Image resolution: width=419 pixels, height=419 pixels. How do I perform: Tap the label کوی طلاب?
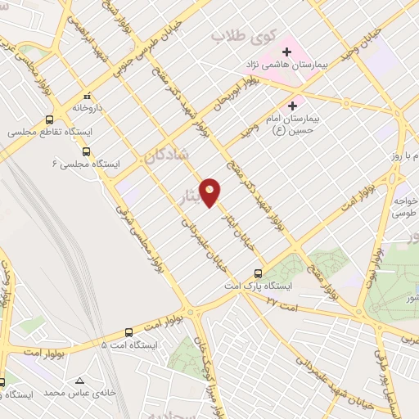239,36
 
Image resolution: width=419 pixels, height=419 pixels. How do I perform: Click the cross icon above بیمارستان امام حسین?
292,106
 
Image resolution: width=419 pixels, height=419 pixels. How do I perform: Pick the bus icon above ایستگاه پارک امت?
258,273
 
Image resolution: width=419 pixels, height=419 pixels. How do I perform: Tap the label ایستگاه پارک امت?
260,287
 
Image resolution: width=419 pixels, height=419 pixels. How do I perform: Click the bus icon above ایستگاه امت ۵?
129,332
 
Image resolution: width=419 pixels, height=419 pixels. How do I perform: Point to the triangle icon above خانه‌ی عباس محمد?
79,381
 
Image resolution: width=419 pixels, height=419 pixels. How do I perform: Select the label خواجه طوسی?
403,205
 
